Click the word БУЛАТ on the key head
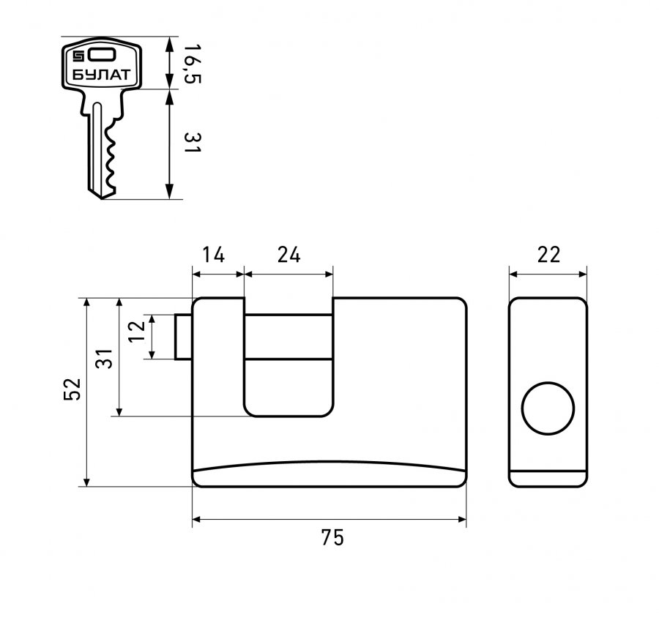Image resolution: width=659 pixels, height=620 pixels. click(x=101, y=75)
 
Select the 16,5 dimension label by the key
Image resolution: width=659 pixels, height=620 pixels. click(x=192, y=64)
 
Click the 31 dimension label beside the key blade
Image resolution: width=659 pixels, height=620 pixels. click(x=193, y=143)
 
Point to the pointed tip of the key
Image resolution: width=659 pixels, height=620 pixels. click(x=101, y=198)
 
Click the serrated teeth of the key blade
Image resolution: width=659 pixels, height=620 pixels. click(x=111, y=155)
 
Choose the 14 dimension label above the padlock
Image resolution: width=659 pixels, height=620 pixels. click(x=214, y=255)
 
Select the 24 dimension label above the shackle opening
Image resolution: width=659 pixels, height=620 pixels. click(x=288, y=255)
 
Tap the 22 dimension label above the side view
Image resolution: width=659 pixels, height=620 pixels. click(x=549, y=255)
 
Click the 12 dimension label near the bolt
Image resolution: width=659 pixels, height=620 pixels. click(x=137, y=332)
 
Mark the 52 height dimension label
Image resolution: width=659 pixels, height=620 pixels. click(x=72, y=389)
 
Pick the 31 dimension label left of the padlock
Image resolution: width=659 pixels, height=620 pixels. click(x=104, y=359)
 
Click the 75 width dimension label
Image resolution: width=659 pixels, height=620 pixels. click(x=332, y=537)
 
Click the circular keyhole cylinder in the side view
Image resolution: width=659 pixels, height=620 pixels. click(x=548, y=408)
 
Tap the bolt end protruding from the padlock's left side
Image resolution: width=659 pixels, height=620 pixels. click(x=183, y=337)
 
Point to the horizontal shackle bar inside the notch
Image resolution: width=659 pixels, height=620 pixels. click(x=288, y=337)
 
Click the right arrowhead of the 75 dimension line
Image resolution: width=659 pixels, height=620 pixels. click(x=462, y=520)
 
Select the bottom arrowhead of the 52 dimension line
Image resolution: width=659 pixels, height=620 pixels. click(x=87, y=482)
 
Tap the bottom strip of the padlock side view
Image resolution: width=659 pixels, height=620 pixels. click(x=548, y=479)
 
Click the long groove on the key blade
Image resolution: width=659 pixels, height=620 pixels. click(x=97, y=148)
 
